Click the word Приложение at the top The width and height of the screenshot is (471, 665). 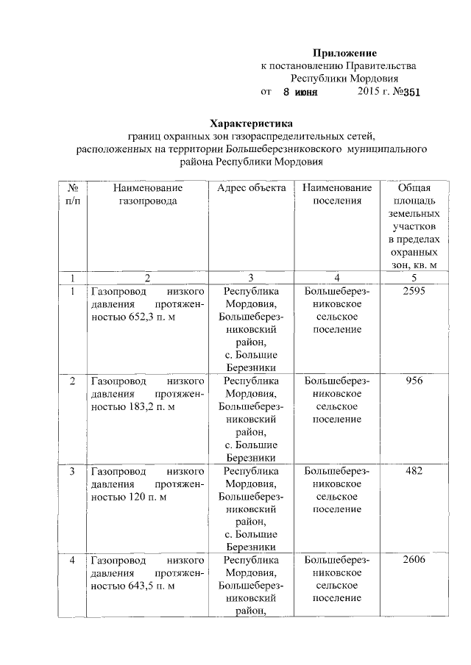pyautogui.click(x=344, y=53)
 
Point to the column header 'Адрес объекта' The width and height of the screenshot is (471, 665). pyautogui.click(x=251, y=188)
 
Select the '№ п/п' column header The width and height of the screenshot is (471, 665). pyautogui.click(x=73, y=194)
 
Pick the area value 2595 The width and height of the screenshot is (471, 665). pyautogui.click(x=414, y=292)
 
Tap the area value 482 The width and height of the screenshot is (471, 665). pyautogui.click(x=414, y=470)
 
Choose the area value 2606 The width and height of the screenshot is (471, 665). pyautogui.click(x=414, y=560)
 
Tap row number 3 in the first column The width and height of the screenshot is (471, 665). pyautogui.click(x=72, y=470)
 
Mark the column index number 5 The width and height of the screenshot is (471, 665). pyautogui.click(x=414, y=278)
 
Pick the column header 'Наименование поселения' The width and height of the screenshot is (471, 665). pyautogui.click(x=336, y=194)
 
